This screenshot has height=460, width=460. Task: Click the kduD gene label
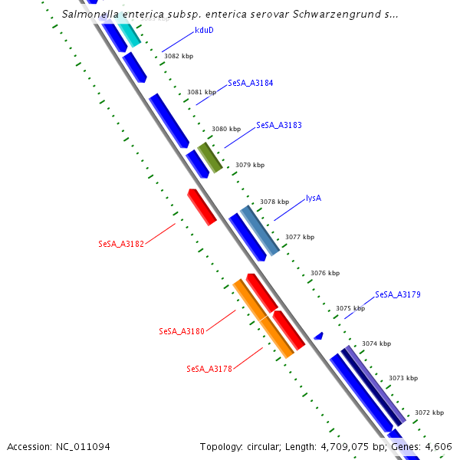(204, 31)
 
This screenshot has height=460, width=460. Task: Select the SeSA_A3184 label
(250, 83)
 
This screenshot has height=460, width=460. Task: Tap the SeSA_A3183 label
(278, 124)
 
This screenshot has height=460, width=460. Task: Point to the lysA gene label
(313, 198)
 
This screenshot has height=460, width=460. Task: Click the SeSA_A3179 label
(397, 294)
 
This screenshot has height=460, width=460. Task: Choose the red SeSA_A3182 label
(121, 245)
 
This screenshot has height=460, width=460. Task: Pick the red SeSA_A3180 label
(182, 331)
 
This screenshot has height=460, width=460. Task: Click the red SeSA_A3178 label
(209, 369)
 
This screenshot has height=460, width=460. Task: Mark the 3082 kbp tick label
(179, 56)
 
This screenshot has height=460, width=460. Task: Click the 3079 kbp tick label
(250, 165)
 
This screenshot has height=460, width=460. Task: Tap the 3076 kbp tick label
(325, 273)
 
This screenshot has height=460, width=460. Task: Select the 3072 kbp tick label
(429, 412)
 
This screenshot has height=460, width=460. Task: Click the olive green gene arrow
(210, 157)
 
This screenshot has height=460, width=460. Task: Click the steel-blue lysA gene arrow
(260, 230)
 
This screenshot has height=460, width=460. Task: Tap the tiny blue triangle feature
(319, 336)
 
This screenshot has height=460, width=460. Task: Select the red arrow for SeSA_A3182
(202, 206)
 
